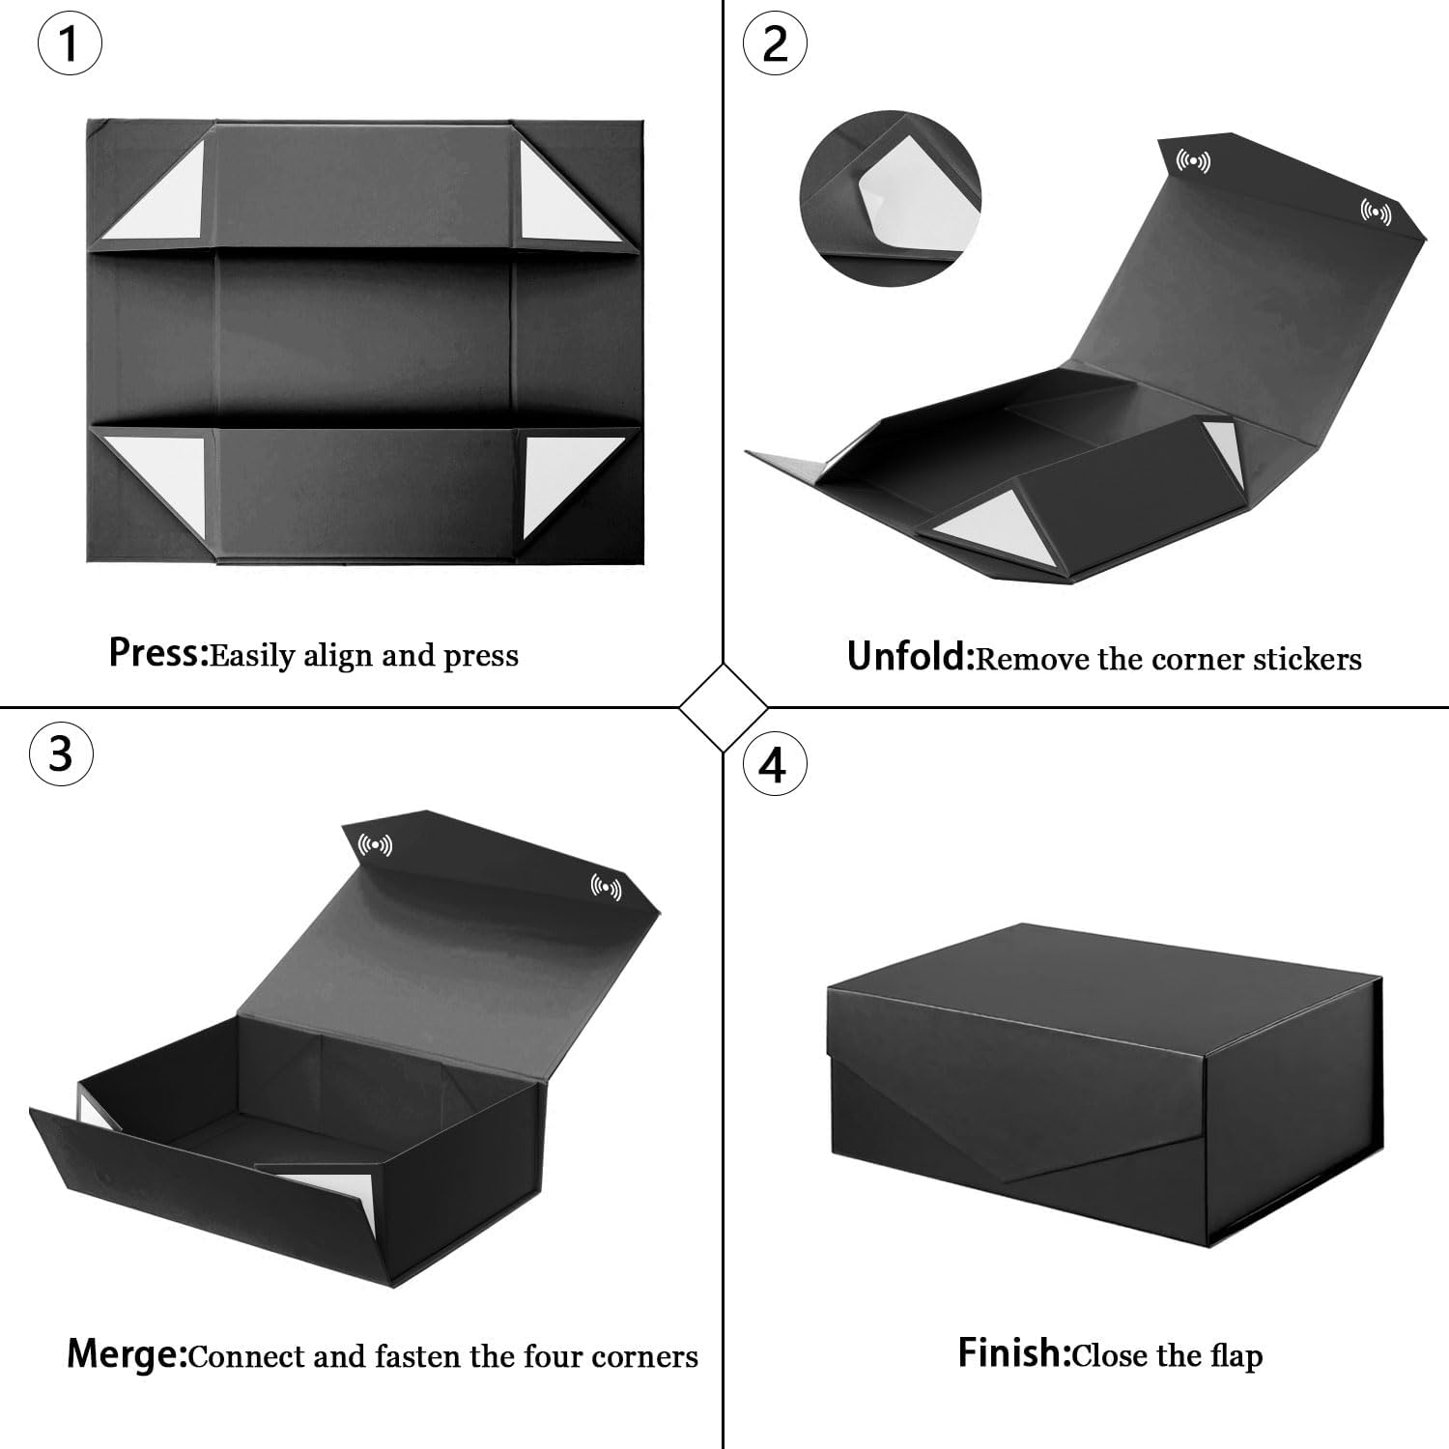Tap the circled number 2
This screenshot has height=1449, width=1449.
775,45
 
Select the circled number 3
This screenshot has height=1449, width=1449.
62,753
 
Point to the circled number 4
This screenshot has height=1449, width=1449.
774,766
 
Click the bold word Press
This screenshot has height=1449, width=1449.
157,654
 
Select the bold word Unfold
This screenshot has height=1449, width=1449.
908,657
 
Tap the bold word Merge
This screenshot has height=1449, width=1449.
126,1355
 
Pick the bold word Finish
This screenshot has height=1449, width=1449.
1013,1352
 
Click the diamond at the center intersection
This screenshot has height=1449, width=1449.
724,708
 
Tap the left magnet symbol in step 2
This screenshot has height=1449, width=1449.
1193,160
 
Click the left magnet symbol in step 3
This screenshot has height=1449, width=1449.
375,846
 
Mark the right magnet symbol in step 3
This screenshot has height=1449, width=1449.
606,887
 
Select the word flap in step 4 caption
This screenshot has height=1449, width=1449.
1236,1356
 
